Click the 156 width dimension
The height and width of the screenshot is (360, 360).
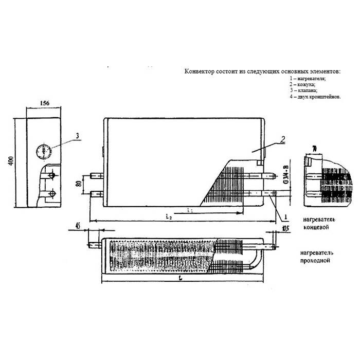pyautogui.click(x=44, y=103)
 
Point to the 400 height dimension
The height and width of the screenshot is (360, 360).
pyautogui.click(x=10, y=161)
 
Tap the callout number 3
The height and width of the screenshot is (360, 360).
pyautogui.click(x=77, y=136)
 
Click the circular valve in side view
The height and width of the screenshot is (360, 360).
pyautogui.click(x=44, y=152)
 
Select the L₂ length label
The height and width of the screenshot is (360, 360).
pyautogui.click(x=169, y=218)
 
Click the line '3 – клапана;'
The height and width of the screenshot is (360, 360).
pyautogui.click(x=303, y=90)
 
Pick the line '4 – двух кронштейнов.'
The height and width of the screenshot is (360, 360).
pyautogui.click(x=315, y=96)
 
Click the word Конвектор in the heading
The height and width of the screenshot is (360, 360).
pyautogui.click(x=198, y=71)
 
